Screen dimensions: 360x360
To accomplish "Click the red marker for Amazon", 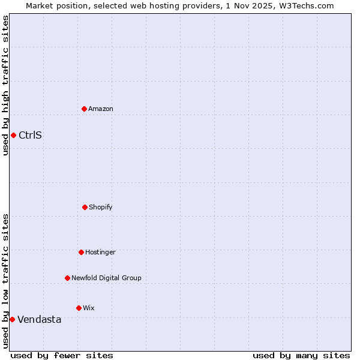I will (x=84, y=109).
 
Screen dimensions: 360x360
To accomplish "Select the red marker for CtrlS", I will (x=13, y=135).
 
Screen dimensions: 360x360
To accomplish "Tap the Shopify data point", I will (x=85, y=207).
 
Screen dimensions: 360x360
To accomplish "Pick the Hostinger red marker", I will (x=81, y=252).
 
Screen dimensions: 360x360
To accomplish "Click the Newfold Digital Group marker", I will (x=67, y=278).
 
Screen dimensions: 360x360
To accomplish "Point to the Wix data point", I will (x=79, y=308).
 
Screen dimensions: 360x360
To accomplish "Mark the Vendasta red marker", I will (x=12, y=319).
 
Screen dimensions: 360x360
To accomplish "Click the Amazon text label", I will (x=101, y=109).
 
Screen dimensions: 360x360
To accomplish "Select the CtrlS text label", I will (x=30, y=135).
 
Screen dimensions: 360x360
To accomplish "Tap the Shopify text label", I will (x=101, y=207).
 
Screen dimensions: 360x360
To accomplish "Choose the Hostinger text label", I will (x=100, y=252).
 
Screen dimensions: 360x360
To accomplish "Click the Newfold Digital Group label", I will (x=106, y=278).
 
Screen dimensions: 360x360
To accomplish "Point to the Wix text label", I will (x=89, y=308).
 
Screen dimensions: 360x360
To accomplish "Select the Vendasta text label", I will (x=39, y=319).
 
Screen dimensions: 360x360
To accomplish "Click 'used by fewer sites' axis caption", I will (x=62, y=355).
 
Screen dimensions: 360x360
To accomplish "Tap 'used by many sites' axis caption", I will (x=301, y=355).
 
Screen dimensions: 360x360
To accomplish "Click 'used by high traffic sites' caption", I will (x=5, y=85).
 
